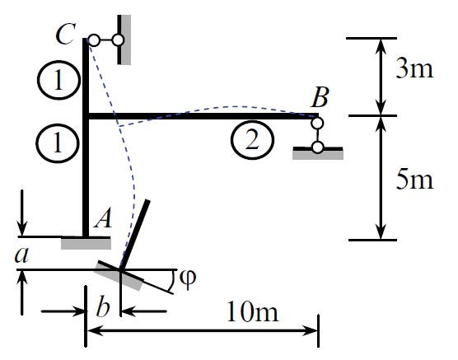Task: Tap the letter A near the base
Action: pos(103,218)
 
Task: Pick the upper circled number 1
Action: pos(53,80)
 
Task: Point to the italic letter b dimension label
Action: pos(103,309)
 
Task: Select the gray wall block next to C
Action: pos(124,39)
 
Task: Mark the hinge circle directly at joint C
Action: pos(94,40)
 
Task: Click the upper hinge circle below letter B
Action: pos(317,124)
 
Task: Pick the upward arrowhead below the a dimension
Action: pos(22,277)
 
